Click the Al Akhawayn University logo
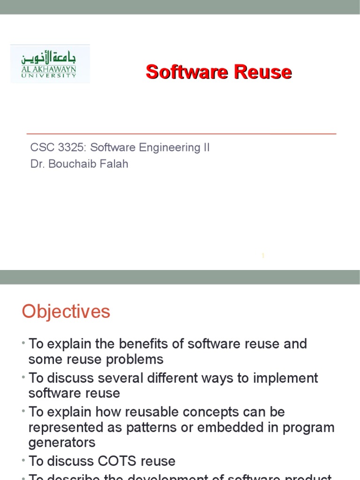pyautogui.click(x=50, y=64)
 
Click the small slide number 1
pyautogui.click(x=263, y=256)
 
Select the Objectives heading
pyautogui.click(x=66, y=312)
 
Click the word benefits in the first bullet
pyautogui.click(x=142, y=344)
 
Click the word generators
pyautogui.click(x=62, y=443)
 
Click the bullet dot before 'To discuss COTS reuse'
pyautogui.click(x=23, y=460)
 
